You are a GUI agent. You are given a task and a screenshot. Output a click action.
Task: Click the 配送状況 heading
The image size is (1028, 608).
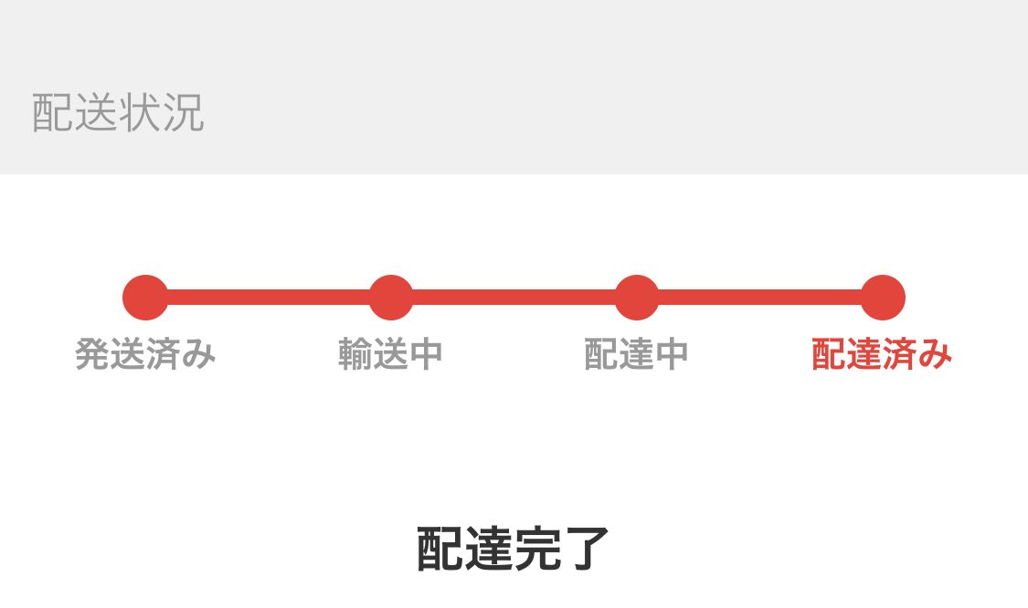tap(118, 112)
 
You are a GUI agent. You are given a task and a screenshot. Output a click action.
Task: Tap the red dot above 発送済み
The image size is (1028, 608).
tap(145, 298)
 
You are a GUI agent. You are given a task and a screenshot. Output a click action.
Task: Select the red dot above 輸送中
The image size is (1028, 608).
tap(391, 298)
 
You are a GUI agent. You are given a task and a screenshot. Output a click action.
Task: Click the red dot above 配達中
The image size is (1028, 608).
tap(637, 298)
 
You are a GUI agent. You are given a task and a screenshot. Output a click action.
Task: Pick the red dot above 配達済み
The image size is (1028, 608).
tap(883, 298)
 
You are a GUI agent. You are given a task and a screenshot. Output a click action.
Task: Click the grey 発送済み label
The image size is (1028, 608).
tap(145, 354)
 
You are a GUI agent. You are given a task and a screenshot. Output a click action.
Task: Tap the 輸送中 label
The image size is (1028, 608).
tap(391, 354)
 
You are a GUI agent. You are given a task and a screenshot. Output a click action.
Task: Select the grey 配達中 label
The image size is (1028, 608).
tap(637, 354)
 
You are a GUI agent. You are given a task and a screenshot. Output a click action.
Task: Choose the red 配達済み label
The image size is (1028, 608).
tap(883, 354)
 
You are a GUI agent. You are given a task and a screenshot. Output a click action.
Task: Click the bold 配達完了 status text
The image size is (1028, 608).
tap(514, 549)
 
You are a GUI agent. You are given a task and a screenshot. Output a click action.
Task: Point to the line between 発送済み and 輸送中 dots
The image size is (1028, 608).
tap(268, 298)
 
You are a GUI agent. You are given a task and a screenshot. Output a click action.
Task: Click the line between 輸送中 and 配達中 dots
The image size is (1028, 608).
tap(514, 298)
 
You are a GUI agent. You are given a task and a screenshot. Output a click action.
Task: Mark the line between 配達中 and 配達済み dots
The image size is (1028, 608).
tap(760, 298)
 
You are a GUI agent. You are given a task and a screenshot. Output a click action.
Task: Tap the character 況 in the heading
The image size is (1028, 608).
tap(184, 112)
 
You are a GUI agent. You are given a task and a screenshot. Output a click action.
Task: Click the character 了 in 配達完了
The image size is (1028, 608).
tap(587, 549)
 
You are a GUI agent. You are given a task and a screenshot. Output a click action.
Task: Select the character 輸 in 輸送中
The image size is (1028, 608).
tap(355, 354)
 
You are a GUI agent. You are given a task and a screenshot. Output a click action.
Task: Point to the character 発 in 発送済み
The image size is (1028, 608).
tap(92, 354)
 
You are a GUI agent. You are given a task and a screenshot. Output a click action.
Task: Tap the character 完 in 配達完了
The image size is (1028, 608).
tap(537, 549)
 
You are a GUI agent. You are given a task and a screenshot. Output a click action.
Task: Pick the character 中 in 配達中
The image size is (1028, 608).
tap(672, 354)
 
